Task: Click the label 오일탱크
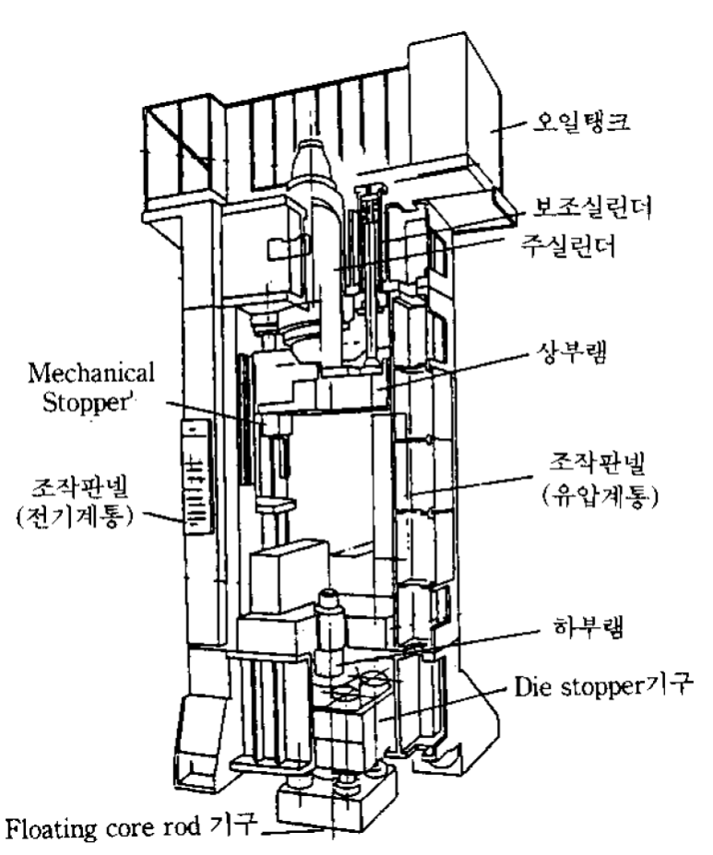coord(581,121)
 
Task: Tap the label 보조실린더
coord(592,208)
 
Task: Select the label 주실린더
coord(568,245)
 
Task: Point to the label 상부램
coord(571,352)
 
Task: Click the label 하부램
coord(588,626)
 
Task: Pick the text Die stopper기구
coord(604,685)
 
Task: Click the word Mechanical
coord(91,373)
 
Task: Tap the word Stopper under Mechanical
coord(87,402)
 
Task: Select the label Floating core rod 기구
coord(130,827)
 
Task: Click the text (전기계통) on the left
coord(75,517)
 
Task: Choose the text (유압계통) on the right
coord(600,496)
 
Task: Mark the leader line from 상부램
coord(454,371)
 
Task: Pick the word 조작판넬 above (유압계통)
coord(597,465)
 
